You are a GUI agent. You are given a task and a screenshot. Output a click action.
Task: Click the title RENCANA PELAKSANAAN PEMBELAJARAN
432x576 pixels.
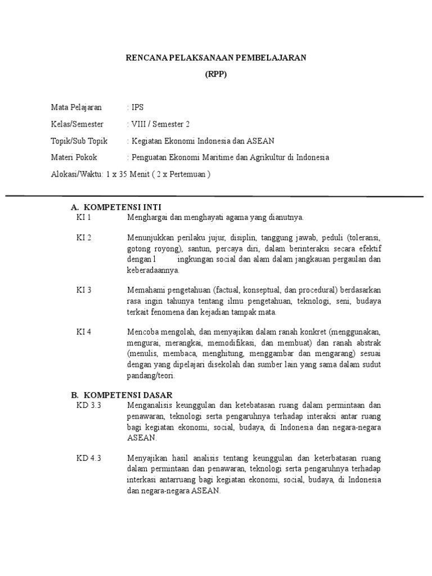(215, 58)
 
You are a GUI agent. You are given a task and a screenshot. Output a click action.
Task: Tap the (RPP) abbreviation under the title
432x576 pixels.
(215, 75)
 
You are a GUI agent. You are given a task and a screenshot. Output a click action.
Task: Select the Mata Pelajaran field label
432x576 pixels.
(76, 107)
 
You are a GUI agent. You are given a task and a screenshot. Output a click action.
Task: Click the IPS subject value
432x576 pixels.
(137, 107)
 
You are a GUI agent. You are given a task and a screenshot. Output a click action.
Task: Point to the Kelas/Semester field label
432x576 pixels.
(77, 124)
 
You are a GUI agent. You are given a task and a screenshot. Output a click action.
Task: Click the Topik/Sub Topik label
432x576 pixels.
(79, 141)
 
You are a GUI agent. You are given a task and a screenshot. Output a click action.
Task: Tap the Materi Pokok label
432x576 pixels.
(74, 157)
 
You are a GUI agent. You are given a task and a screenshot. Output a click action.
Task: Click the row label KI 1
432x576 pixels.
(84, 217)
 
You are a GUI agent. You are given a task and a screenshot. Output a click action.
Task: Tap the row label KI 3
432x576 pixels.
(84, 290)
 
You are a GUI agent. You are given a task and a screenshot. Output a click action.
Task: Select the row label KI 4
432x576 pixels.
(84, 332)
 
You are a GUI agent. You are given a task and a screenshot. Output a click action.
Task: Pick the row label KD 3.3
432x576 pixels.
(88, 405)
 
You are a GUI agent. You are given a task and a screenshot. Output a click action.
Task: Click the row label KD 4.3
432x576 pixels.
(88, 457)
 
